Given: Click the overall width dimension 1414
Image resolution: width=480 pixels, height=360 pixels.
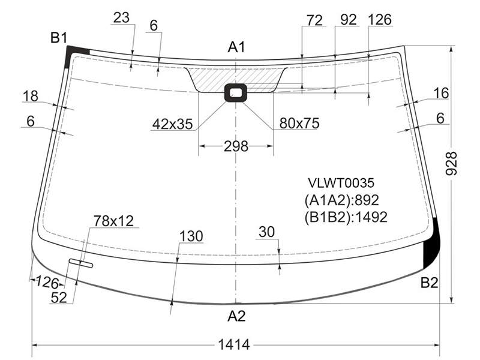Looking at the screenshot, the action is coord(234,344).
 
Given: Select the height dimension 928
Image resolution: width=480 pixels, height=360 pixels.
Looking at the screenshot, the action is coord(451,163).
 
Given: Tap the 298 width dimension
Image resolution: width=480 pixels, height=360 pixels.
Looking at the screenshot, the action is coord(236,146).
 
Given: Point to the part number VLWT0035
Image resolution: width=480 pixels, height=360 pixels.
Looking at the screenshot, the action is coord(341,183).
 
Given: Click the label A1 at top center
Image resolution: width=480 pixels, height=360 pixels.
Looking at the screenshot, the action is coord(236,47).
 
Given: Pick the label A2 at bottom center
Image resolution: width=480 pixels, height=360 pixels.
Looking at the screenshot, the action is coord(236,316).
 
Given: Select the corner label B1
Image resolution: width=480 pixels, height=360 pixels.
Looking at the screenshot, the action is coord(58,38).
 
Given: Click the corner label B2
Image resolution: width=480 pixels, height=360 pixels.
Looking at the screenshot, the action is coord(429,282).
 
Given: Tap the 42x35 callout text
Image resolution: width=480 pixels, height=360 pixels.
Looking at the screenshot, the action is coord(172,124).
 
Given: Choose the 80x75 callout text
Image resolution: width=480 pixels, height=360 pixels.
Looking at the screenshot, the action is coord(299,123).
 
